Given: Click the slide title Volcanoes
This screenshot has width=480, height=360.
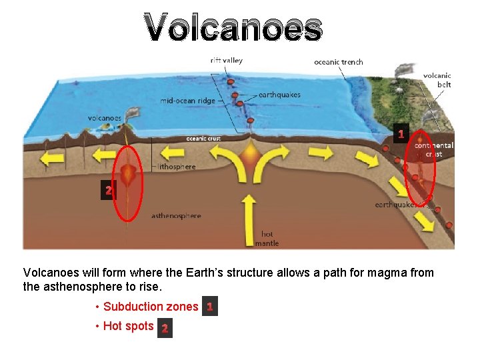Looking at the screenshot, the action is (x=233, y=28).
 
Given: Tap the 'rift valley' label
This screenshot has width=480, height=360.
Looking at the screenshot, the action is (x=227, y=61).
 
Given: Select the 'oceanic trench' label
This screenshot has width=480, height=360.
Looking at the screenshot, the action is (x=339, y=62).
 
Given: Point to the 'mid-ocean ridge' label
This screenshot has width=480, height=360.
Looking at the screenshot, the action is (x=187, y=101).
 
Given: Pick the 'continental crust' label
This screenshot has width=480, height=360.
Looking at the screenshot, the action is (x=434, y=149).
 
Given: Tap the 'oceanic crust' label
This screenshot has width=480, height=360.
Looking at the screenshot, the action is (x=203, y=139).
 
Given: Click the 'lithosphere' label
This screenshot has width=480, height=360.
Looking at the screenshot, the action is (x=177, y=167).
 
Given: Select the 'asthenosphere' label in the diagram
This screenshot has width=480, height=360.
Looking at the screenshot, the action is (x=176, y=216).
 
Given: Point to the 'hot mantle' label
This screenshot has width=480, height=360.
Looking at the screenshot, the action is (x=267, y=239).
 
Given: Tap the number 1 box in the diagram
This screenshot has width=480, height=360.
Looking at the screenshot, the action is (x=400, y=134).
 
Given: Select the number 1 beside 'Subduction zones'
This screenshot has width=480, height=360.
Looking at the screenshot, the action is (x=209, y=307).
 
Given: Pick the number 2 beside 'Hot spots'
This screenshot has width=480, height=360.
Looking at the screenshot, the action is (x=165, y=328).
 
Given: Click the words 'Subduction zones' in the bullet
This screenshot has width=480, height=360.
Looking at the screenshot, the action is (x=151, y=307).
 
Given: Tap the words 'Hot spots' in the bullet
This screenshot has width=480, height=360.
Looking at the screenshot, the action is (x=129, y=327).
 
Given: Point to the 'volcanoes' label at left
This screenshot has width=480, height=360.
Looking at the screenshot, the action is (x=105, y=119).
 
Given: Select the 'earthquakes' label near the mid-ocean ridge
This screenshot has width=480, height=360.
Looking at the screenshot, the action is (x=279, y=95).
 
